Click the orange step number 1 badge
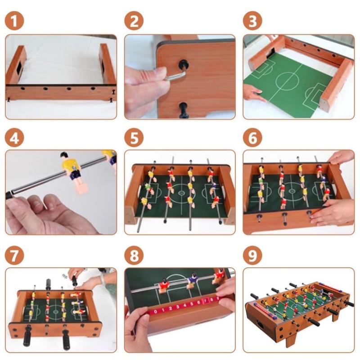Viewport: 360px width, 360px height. coord(14,21)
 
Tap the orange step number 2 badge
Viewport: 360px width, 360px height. coord(134,21)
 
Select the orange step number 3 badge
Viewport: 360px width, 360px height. coord(252,21)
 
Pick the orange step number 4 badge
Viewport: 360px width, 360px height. coord(14,139)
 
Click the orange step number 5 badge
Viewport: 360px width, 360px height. coord(134,139)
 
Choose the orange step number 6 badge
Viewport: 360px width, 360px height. coord(252,139)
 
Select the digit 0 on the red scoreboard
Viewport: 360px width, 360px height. coord(156,310)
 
